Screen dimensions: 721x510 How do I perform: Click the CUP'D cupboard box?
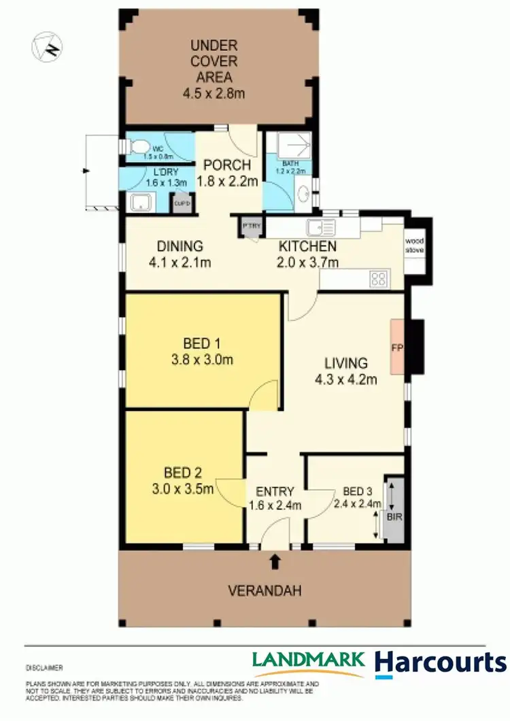181,203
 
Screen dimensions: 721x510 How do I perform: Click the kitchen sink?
318,227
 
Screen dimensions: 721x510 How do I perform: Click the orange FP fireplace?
396,348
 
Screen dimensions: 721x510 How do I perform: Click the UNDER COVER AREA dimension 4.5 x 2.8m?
213,93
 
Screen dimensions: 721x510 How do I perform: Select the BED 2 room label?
183,472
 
